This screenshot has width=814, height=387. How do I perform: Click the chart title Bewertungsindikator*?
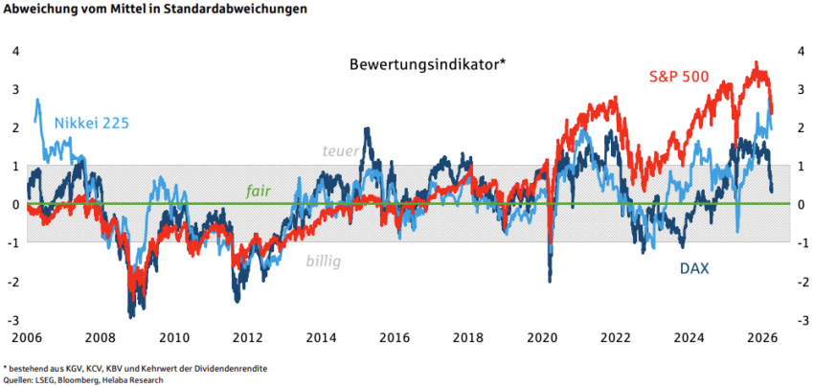427,65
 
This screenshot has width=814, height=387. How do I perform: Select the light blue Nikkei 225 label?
92,123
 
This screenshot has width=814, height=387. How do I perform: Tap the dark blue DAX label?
694,269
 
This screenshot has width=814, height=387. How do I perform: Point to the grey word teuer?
341,150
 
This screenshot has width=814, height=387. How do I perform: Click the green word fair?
259,191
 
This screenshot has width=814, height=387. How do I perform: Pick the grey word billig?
323,261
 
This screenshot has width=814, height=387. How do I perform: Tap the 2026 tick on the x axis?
762,337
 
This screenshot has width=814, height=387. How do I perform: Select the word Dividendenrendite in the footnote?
231,368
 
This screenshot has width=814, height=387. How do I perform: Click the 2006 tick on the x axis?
25,337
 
